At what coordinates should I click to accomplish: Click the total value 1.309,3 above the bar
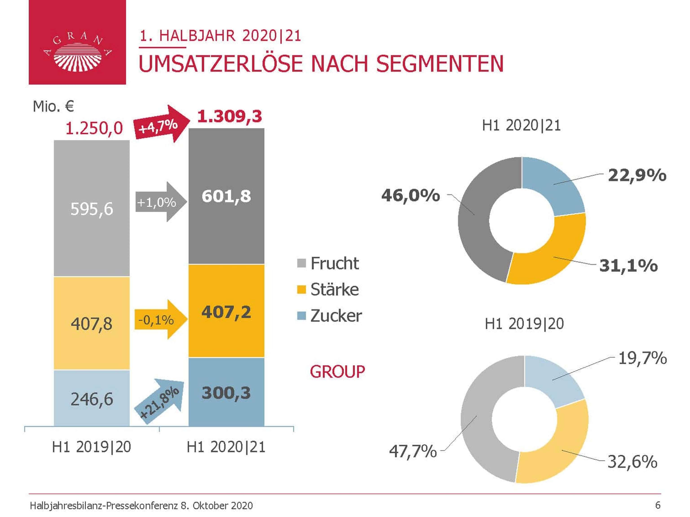pos(230,116)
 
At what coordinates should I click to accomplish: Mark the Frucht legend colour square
pos(301,263)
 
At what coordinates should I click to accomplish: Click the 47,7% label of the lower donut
pos(413,451)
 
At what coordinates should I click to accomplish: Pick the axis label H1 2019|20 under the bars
pos(91,447)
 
